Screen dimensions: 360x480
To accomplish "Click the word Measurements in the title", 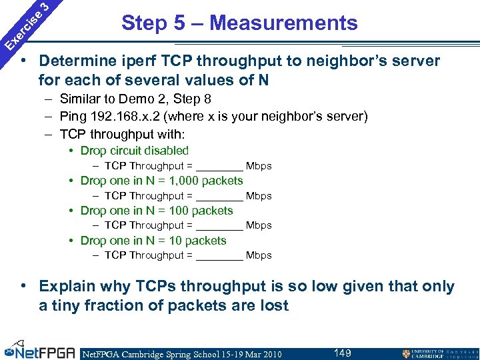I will [283, 23].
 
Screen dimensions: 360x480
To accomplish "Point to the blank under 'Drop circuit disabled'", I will [220, 167].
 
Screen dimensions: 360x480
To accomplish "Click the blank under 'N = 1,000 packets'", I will [220, 197].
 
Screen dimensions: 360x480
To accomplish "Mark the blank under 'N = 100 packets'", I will [220, 226].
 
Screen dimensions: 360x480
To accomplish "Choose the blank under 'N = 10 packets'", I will [220, 256].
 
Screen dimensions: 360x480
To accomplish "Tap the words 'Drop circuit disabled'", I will [134, 151].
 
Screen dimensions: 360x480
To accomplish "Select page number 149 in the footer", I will [343, 353].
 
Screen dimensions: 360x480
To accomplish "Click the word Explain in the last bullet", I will [67, 287].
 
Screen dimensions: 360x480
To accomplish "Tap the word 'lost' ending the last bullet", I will [275, 306].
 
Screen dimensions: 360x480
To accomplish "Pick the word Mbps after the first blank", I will [259, 166].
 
